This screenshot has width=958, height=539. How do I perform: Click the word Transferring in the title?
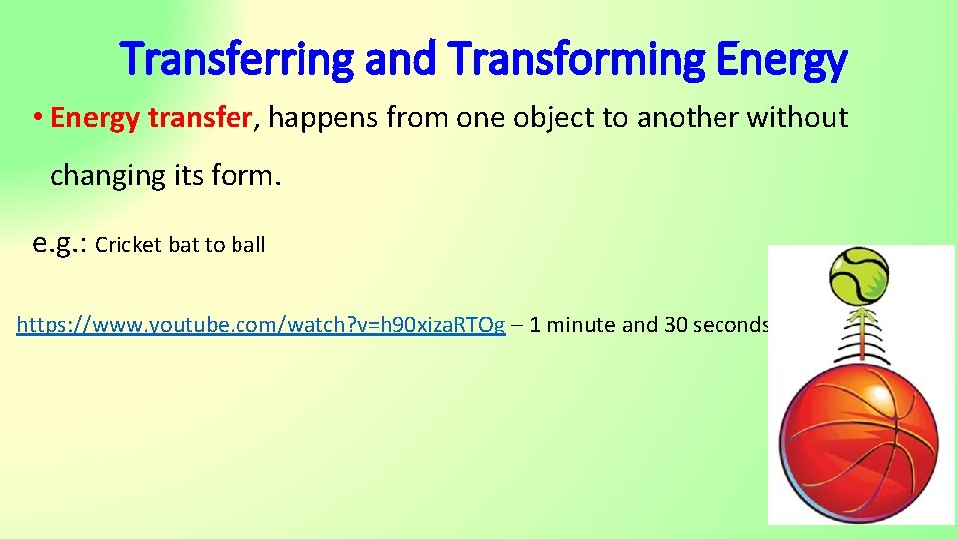[236, 60]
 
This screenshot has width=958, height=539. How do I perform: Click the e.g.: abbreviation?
[61, 243]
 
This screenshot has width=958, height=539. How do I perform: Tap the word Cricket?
[129, 245]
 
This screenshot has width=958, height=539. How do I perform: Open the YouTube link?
[260, 325]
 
